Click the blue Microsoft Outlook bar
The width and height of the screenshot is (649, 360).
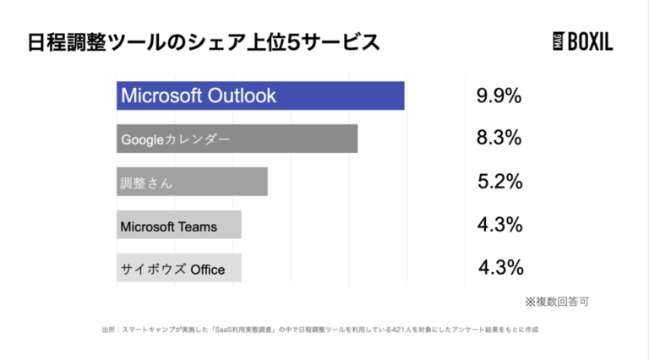click(260, 95)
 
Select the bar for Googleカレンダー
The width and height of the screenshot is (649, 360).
click(237, 139)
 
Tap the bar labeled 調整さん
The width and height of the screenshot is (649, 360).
click(192, 182)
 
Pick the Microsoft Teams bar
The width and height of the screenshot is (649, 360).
click(178, 225)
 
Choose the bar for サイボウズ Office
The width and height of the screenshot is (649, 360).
click(178, 269)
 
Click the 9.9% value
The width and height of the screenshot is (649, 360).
click(499, 95)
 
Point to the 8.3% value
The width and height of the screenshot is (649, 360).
click(499, 139)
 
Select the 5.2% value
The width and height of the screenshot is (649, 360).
click(499, 182)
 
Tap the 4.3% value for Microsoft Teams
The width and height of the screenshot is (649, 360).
click(499, 225)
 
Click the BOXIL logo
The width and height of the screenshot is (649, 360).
click(582, 42)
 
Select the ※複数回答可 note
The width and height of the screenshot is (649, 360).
click(556, 301)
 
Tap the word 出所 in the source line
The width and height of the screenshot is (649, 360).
click(107, 330)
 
